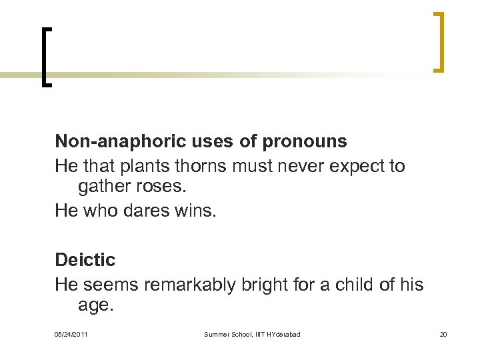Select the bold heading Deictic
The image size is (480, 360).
85,260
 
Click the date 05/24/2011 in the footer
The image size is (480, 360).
71,334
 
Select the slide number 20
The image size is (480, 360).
443,334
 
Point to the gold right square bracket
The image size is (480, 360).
437,41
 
